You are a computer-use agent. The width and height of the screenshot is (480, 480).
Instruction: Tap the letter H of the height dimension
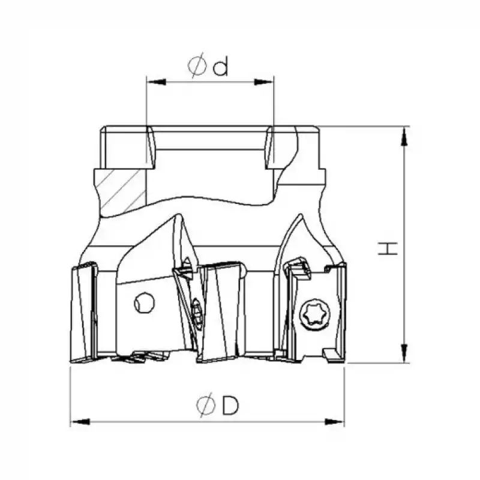click(x=388, y=248)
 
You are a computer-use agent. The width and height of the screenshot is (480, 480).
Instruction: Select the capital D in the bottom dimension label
click(x=230, y=406)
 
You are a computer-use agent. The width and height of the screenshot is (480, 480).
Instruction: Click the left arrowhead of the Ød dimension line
click(x=157, y=82)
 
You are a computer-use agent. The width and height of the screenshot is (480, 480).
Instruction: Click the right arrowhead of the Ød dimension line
click(x=263, y=82)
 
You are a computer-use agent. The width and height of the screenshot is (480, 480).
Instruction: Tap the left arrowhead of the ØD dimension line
click(x=80, y=422)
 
